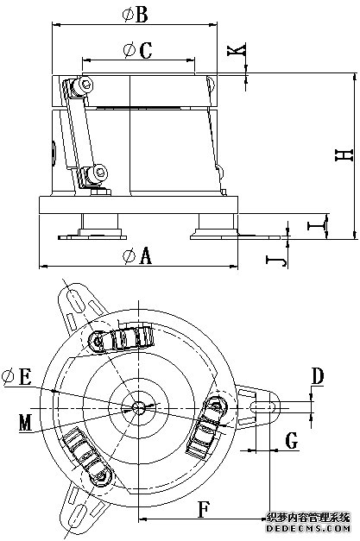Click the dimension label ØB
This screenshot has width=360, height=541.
[x=136, y=15]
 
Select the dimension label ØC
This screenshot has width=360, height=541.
[x=137, y=50]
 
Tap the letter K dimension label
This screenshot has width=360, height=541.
[x=237, y=49]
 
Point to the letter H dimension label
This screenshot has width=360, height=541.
[x=344, y=155]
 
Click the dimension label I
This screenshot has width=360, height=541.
[x=317, y=226]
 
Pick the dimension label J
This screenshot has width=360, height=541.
[x=276, y=260]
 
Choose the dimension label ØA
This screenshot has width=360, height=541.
[x=137, y=256]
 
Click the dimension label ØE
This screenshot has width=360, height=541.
[x=16, y=377]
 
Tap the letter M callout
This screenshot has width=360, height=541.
[x=26, y=423]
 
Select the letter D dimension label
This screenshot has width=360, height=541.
[x=318, y=376]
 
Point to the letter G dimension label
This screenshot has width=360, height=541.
[x=292, y=441]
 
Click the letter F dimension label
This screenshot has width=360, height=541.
[x=204, y=510]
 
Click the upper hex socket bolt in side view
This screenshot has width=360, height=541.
[x=85, y=85]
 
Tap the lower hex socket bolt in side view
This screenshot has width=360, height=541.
[x=99, y=172]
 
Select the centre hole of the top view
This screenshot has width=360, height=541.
[x=138, y=408]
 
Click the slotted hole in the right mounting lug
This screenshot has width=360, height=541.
[x=265, y=407]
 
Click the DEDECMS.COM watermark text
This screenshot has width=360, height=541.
[x=308, y=528]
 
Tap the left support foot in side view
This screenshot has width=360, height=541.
[x=92, y=227]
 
